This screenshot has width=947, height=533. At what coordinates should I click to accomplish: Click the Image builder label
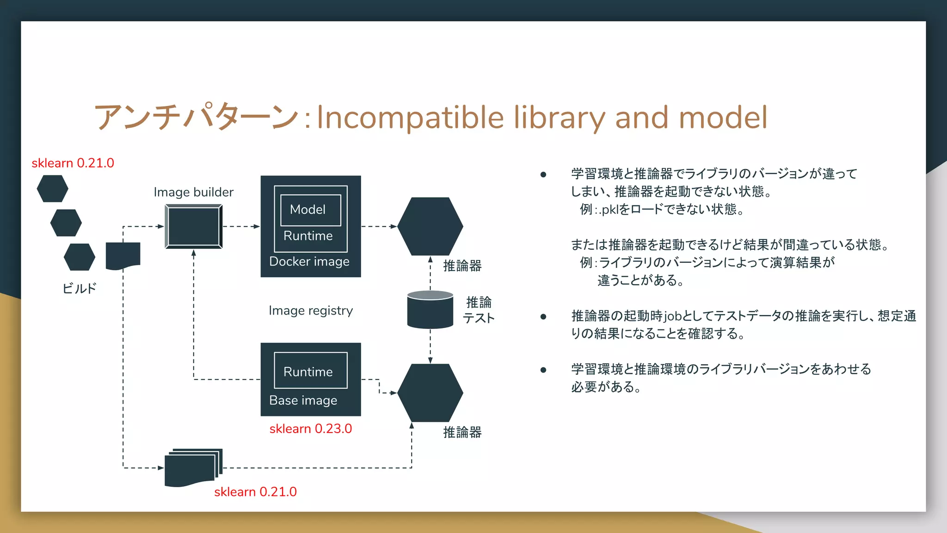pos(193,192)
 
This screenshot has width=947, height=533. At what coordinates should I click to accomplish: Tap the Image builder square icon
pos(194,227)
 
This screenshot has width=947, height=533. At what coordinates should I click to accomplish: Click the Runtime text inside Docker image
pos(308,236)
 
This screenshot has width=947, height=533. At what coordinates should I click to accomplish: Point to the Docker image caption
pos(309,262)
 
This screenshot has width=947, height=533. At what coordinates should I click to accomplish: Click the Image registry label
pos(310,310)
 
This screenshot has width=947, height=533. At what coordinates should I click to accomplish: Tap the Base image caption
pos(303,401)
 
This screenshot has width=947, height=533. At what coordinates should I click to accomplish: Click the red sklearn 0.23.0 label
pos(310,429)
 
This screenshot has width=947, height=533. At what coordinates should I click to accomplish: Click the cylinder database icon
pos(430,310)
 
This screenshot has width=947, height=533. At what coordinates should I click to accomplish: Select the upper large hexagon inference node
pos(430,226)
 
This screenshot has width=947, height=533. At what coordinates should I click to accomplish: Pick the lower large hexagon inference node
pos(430,393)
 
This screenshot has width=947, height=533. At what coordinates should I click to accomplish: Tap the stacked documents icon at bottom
pos(193,468)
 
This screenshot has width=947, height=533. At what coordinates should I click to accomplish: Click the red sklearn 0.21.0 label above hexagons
pos(73,163)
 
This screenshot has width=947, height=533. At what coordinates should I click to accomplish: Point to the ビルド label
pos(79,289)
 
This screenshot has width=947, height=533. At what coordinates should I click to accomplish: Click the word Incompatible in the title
pos(410,118)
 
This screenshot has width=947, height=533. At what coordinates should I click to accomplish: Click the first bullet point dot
pos(543,174)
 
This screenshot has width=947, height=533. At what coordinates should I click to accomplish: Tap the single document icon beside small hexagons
pos(123,255)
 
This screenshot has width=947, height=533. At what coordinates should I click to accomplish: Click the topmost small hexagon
pos(52,189)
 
